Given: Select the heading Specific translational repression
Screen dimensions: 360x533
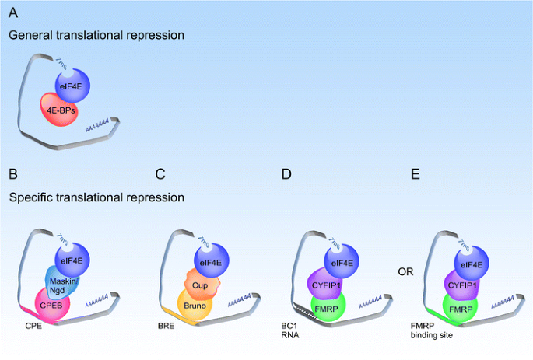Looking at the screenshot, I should [x=96, y=197].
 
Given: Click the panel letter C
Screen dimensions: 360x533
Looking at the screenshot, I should [x=160, y=174].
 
